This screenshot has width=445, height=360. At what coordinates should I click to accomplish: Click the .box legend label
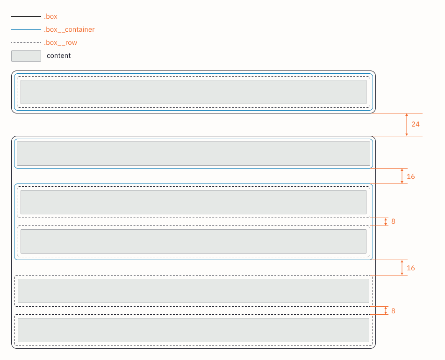click(50, 16)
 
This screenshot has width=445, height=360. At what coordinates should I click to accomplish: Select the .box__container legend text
click(69, 29)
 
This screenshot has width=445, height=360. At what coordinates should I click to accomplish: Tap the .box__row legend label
click(60, 42)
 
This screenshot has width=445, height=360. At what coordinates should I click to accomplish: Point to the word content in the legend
click(58, 56)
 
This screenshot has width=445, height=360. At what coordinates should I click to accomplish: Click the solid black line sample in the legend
click(26, 16)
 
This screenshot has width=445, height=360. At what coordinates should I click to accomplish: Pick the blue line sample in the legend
click(26, 29)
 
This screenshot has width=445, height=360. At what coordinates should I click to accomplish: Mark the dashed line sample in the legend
click(26, 42)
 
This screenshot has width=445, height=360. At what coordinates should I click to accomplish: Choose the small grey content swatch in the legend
click(26, 56)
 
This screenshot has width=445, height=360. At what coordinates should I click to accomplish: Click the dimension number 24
click(416, 124)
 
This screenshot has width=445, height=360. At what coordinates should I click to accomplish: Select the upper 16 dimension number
click(411, 176)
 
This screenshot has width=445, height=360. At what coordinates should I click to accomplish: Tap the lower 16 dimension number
click(411, 268)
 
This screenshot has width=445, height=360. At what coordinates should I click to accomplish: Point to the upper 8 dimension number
click(394, 221)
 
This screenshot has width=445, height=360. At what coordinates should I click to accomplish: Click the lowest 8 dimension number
click(394, 311)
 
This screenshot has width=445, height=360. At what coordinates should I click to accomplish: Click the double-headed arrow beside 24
click(407, 125)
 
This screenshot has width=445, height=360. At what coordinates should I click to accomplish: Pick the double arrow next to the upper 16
click(402, 176)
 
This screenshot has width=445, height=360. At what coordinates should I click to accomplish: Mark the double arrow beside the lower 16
click(402, 267)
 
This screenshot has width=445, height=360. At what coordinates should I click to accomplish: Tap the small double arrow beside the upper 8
click(386, 222)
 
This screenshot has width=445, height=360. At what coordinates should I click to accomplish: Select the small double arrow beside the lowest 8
click(386, 311)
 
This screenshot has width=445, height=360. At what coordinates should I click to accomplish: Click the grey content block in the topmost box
click(194, 92)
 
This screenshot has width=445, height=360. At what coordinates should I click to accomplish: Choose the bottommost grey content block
click(194, 330)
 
